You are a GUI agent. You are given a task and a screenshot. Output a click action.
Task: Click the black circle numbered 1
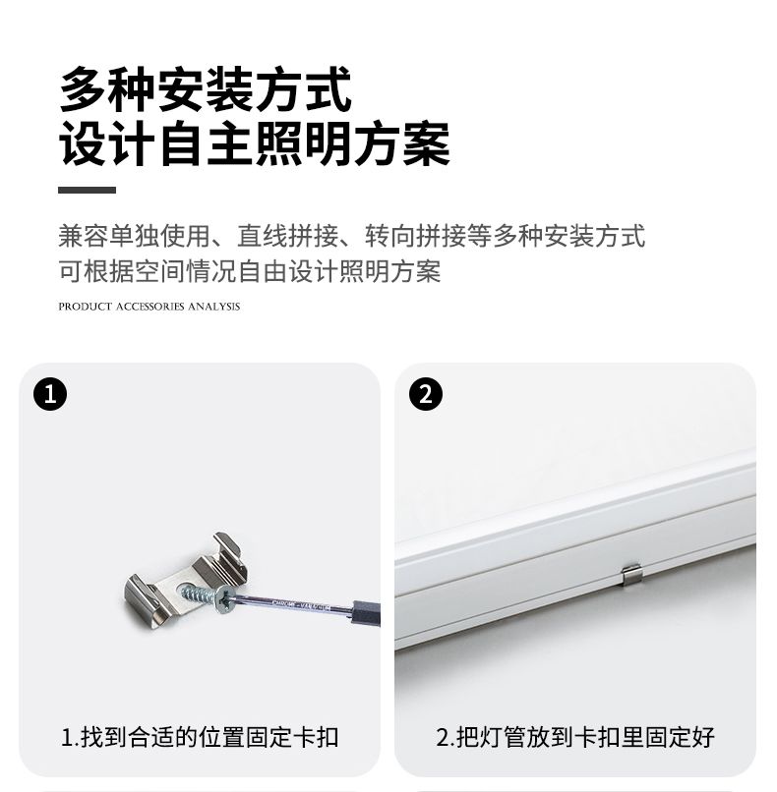click(x=50, y=394)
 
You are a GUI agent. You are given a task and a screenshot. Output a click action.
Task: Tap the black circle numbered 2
click(x=426, y=394)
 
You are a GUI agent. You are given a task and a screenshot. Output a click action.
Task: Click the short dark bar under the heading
click(x=87, y=190)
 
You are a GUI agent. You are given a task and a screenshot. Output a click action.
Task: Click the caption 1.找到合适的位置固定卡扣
click(x=200, y=737)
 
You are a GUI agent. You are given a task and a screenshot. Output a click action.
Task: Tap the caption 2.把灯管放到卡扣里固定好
click(x=575, y=737)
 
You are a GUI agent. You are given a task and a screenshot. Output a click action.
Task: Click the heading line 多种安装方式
click(x=206, y=89)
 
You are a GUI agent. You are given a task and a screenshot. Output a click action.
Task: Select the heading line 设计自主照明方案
click(x=255, y=143)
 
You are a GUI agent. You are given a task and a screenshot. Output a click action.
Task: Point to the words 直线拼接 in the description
click(x=287, y=236)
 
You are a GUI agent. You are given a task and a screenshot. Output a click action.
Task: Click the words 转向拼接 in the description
click(x=415, y=236)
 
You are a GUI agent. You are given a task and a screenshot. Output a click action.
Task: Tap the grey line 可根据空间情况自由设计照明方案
click(x=250, y=271)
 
